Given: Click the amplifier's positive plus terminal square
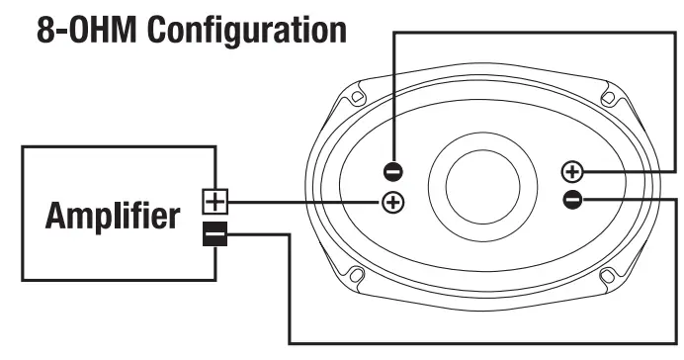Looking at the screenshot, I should (214, 202).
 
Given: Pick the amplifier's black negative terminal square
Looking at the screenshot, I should (214, 235).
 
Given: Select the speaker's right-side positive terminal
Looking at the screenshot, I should (571, 171).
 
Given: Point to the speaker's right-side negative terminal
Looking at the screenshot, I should (571, 201).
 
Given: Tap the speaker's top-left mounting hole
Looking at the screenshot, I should (356, 98).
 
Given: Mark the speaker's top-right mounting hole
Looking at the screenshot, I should (609, 98).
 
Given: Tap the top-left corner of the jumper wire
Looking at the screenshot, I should (394, 33).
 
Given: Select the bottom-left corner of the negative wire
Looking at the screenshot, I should (290, 341).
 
